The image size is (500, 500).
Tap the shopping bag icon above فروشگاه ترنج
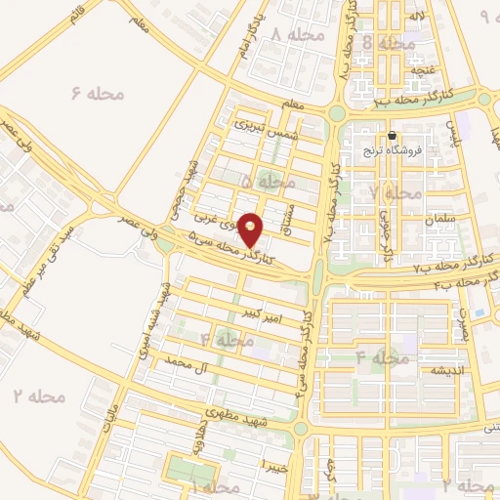[392, 136]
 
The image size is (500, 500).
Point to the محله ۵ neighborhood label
[268, 183]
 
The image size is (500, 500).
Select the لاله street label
[416, 17]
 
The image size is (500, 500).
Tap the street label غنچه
[423, 70]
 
